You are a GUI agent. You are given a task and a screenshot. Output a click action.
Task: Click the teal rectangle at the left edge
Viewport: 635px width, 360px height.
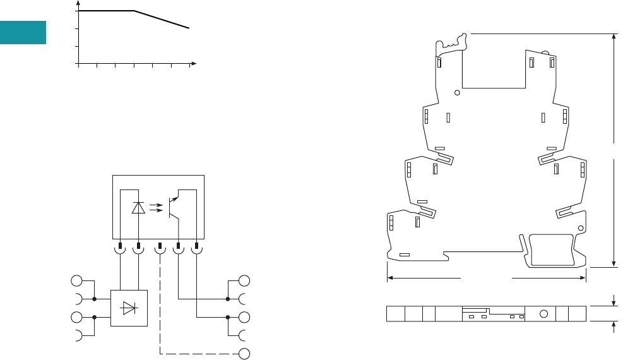point(23,33)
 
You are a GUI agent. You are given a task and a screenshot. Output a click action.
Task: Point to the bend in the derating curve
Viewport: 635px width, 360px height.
point(134,11)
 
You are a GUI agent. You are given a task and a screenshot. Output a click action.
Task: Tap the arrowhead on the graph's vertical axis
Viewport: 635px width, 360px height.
point(78,4)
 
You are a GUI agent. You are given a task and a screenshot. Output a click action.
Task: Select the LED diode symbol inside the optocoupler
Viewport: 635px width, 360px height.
point(138,208)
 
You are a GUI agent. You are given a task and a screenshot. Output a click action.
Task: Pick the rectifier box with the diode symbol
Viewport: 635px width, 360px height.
point(129,308)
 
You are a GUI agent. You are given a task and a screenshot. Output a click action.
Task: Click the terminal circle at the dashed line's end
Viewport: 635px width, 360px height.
point(245,353)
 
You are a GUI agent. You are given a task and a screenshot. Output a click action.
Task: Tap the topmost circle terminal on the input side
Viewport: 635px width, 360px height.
point(76,281)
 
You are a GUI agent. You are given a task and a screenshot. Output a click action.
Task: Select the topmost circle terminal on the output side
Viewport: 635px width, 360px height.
point(245,281)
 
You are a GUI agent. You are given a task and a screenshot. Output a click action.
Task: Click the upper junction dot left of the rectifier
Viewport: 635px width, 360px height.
point(94,299)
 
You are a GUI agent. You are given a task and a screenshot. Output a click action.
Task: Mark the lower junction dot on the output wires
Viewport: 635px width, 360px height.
point(227,317)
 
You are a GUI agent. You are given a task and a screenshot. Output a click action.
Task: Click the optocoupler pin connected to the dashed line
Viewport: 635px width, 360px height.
point(160,245)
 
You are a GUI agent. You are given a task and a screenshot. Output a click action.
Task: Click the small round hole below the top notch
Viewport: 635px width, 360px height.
point(457,92)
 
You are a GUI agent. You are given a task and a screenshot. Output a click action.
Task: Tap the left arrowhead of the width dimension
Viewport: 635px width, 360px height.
point(389,277)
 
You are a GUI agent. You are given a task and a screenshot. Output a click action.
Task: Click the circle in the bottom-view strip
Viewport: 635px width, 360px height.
point(542,314)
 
